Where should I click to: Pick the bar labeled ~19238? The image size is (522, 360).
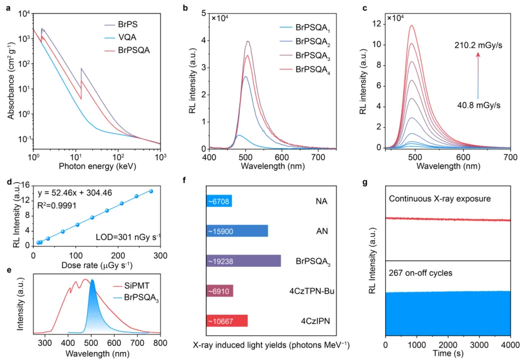[243, 261]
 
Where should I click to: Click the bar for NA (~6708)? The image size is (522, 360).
[219, 201]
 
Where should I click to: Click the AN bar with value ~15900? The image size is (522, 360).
[237, 231]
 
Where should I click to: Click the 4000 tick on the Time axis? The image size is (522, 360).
[510, 344]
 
